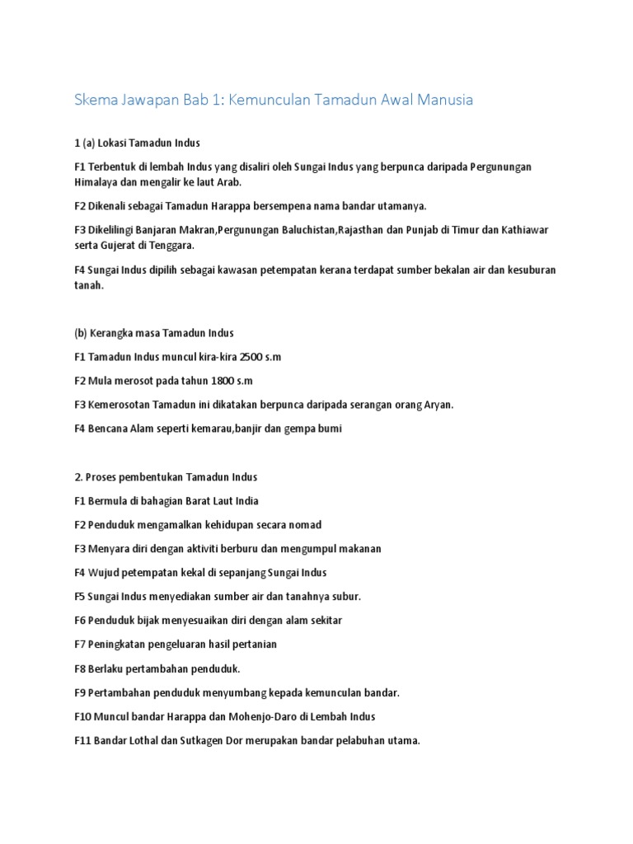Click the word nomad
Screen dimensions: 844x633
tap(304, 524)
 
